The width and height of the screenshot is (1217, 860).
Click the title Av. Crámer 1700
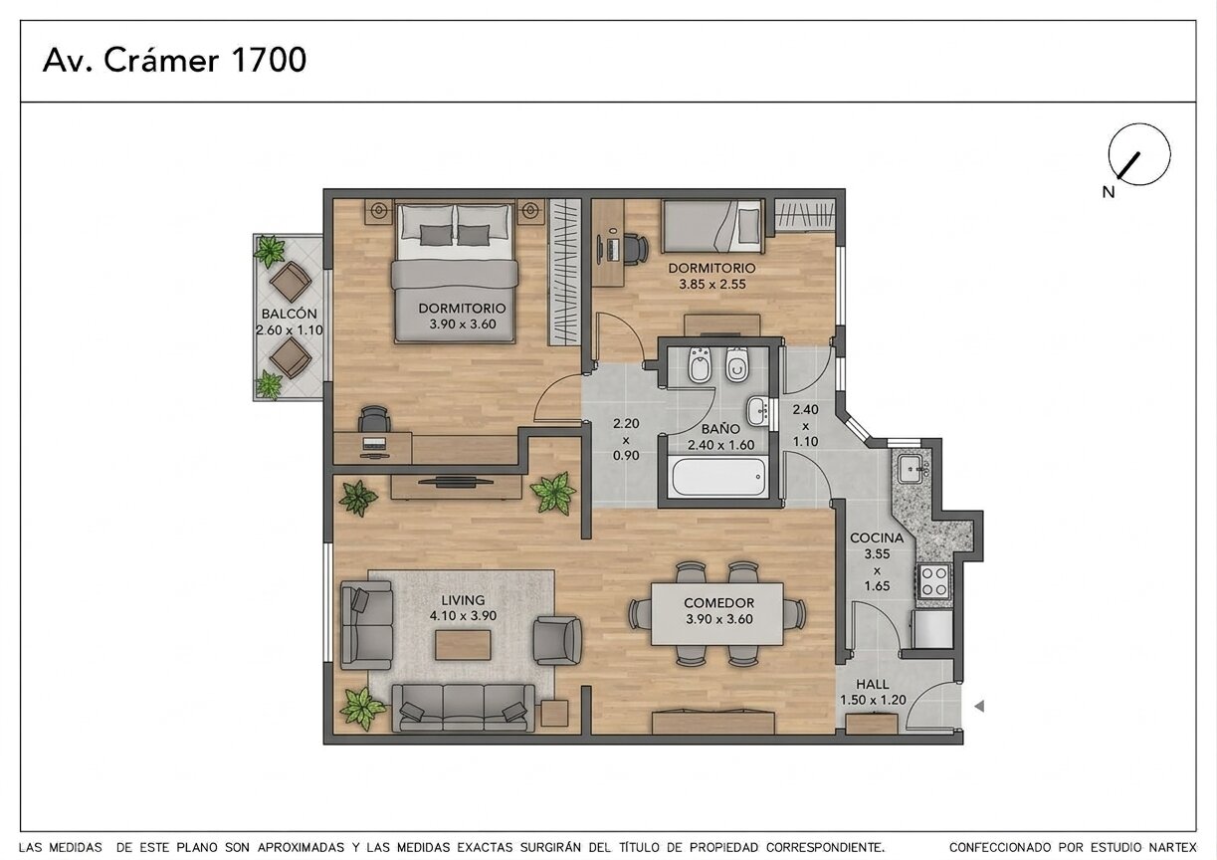click(174, 60)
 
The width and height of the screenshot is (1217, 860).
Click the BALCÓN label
click(289, 314)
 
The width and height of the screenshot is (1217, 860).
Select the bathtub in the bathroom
click(718, 477)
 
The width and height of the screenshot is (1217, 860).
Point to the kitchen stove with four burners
click(934, 581)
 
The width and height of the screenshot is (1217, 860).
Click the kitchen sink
click(910, 469)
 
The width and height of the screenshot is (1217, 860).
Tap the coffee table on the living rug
click(463, 645)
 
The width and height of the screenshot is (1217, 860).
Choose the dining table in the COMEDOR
click(716, 614)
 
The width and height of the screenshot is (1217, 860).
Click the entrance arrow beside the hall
click(979, 707)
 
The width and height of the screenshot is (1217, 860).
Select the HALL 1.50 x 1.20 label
click(873, 692)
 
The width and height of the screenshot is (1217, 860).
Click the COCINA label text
click(877, 538)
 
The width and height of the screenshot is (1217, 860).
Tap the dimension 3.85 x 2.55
click(712, 285)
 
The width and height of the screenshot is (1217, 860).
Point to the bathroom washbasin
click(757, 411)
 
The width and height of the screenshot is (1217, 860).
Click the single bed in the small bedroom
click(712, 226)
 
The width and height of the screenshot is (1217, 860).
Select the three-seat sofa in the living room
click(463, 708)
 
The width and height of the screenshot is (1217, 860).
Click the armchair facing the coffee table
click(557, 640)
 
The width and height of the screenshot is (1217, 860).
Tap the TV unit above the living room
click(457, 487)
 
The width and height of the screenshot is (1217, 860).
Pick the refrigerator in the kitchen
click(932, 629)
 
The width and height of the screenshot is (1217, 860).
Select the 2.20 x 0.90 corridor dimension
click(626, 439)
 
